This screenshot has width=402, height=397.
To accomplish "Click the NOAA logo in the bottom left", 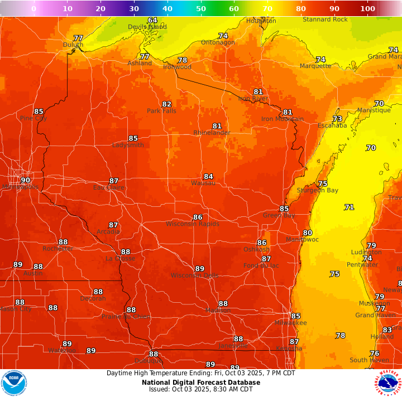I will [x=14, y=383].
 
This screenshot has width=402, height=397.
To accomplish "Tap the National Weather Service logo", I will [x=388, y=383].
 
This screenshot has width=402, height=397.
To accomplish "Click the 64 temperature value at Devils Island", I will [x=152, y=21].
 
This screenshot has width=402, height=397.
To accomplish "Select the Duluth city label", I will [x=73, y=45].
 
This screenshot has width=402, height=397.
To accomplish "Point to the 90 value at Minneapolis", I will [x=25, y=180].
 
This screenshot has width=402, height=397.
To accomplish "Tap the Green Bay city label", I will [x=279, y=215].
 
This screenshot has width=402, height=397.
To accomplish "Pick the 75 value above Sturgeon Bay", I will [x=322, y=183].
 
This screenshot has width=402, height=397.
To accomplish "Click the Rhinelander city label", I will [x=212, y=133].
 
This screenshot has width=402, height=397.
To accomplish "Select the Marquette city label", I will [x=315, y=66].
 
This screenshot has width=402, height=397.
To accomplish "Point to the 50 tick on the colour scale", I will [x=201, y=9].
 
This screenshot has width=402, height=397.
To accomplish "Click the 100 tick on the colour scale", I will [x=367, y=9].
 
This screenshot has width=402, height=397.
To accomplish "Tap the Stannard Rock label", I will [x=325, y=20].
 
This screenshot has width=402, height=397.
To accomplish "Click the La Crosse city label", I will [x=120, y=259].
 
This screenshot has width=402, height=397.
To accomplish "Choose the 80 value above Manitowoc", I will [x=307, y=233].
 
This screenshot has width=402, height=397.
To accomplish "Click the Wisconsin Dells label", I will [x=195, y=275].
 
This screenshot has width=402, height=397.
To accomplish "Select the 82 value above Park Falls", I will [x=166, y=104].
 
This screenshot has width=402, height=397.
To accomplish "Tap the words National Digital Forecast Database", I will [x=200, y=383].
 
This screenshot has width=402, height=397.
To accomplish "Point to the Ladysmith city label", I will [x=128, y=145].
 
